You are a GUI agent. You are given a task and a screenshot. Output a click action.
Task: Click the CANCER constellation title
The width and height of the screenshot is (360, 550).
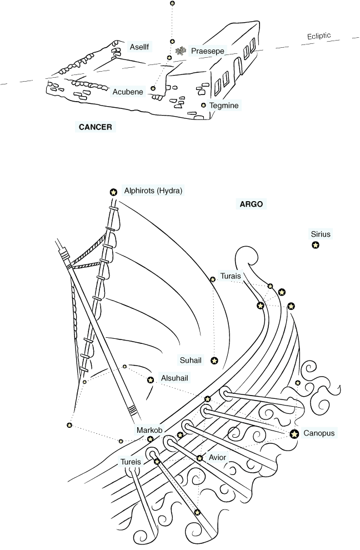[x=95, y=127]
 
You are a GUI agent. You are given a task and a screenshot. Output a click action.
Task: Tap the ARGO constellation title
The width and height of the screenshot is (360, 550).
[x=251, y=204]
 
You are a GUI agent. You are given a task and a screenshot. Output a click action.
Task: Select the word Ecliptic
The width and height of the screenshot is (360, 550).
[x=319, y=36]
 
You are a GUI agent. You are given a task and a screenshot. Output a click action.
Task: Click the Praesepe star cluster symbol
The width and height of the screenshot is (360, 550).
[x=181, y=51]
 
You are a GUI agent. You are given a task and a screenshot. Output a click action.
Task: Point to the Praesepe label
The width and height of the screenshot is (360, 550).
[x=207, y=51]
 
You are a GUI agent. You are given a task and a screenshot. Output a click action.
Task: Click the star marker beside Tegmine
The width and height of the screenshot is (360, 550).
[x=203, y=105]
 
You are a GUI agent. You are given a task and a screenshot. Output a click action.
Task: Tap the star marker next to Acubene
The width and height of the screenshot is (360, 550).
[x=153, y=88]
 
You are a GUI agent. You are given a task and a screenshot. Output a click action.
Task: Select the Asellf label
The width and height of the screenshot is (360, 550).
[x=139, y=47]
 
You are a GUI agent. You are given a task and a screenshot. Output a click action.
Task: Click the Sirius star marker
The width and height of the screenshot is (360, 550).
[x=316, y=245]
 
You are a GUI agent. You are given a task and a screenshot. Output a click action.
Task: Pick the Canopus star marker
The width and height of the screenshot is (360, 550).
[x=294, y=434]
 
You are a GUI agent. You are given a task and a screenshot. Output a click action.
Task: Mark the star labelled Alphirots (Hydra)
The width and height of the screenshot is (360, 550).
[x=113, y=192]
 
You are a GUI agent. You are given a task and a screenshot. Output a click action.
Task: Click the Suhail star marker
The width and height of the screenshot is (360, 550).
[x=214, y=360]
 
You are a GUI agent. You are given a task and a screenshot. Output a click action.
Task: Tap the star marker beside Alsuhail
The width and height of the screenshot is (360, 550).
[x=151, y=379]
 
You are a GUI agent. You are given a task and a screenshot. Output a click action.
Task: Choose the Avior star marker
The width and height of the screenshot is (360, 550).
[x=199, y=458]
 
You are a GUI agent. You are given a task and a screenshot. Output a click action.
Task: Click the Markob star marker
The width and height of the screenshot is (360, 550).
[x=150, y=439]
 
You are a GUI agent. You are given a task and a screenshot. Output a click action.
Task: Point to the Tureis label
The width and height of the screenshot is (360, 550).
[x=131, y=462]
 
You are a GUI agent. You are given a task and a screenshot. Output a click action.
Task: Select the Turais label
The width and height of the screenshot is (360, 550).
[x=231, y=276]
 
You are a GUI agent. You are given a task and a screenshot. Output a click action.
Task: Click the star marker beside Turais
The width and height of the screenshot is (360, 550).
[x=213, y=279]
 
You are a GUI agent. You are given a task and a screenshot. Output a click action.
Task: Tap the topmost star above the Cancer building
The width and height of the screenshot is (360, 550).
[x=172, y=3]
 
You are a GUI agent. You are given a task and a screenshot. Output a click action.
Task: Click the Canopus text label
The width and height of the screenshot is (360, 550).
[x=319, y=433]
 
